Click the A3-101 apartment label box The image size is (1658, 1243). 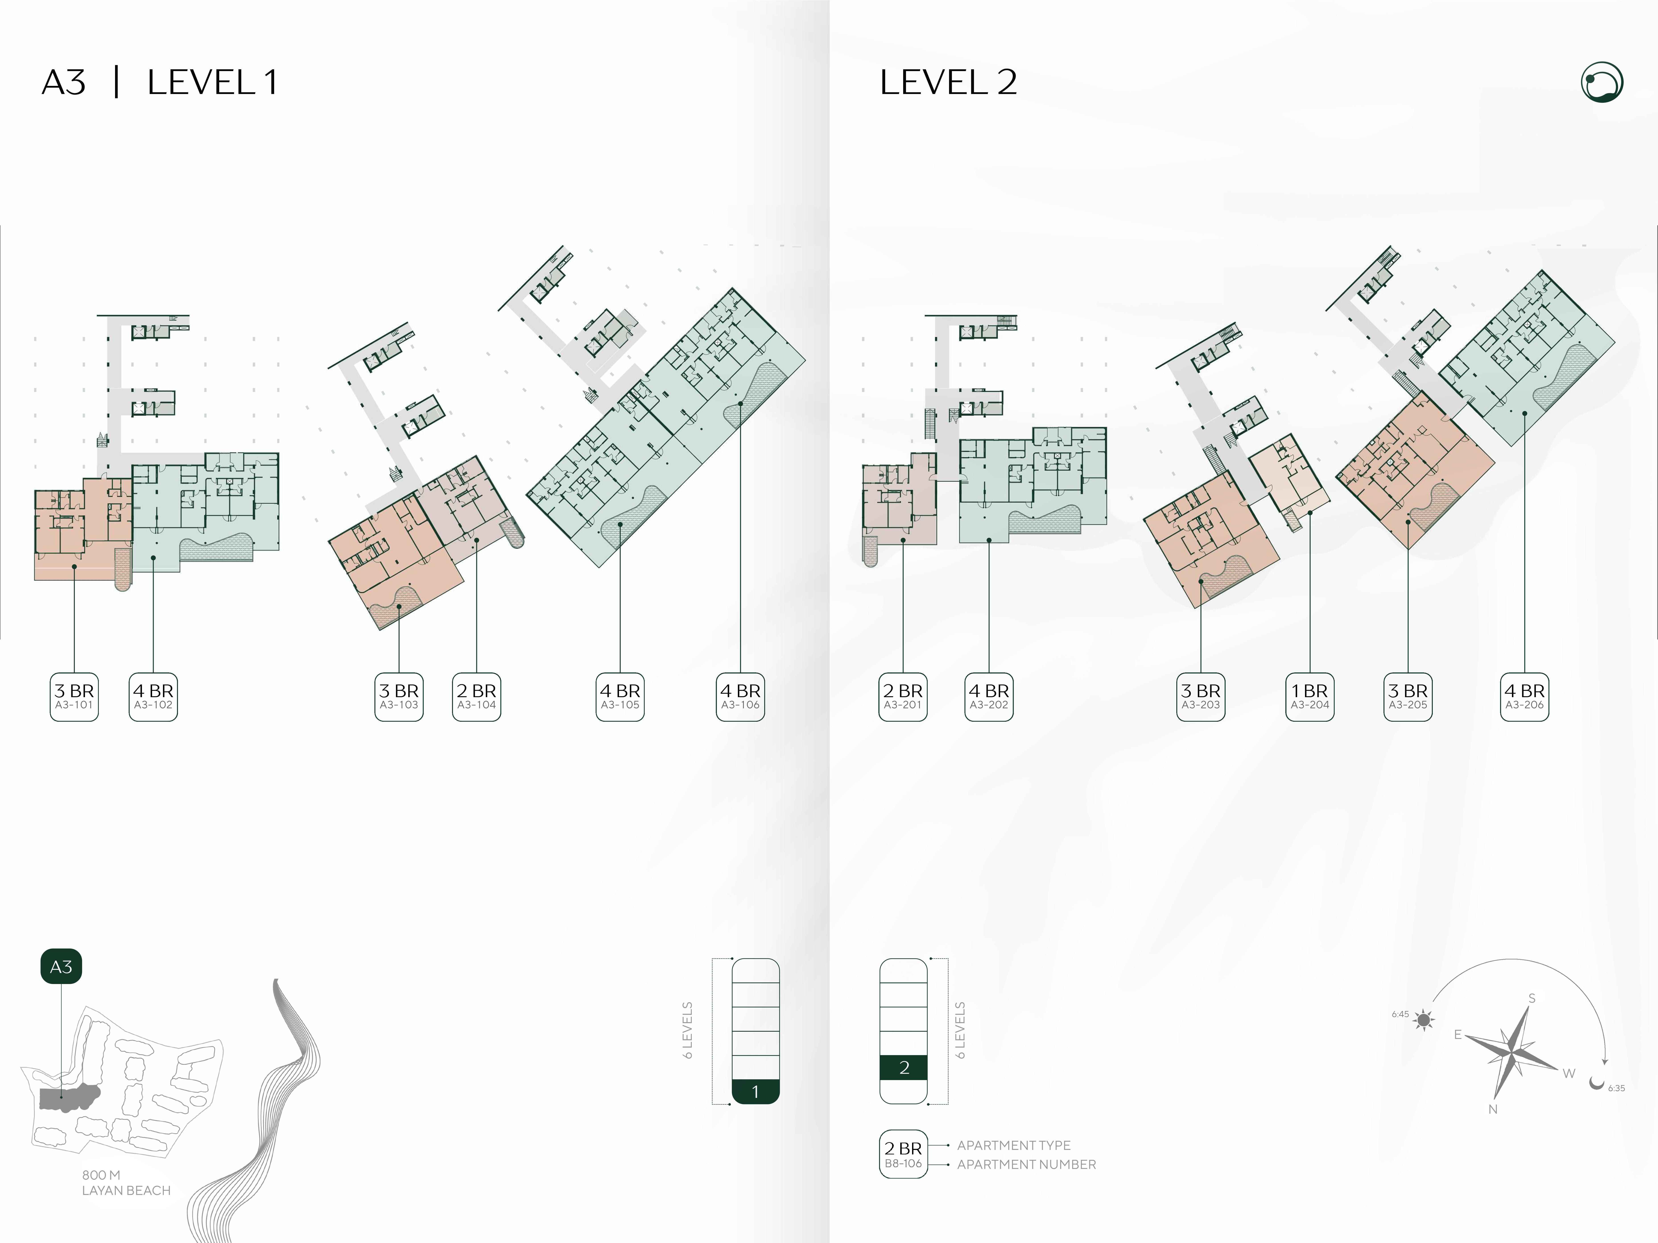[74, 697]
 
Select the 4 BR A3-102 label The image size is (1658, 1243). [153, 697]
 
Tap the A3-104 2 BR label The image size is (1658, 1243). [477, 697]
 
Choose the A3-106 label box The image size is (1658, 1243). [741, 697]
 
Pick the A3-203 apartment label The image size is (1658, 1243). [1201, 697]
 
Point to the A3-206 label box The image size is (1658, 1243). [1525, 697]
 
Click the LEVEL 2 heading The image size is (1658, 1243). [948, 82]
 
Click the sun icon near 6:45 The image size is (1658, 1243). [1424, 1020]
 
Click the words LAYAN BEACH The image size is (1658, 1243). [126, 1191]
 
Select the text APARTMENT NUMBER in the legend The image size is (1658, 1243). [1026, 1164]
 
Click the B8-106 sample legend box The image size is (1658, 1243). [903, 1154]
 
